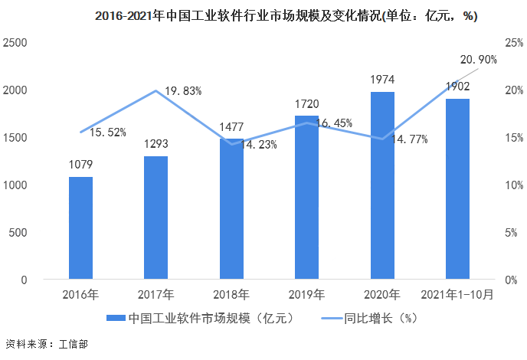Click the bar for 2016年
(80, 227)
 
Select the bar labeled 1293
(155, 218)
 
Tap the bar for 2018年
(231, 208)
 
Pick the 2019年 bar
(306, 197)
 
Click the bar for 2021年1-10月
(457, 188)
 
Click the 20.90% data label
(478, 59)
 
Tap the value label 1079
(80, 164)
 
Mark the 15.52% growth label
(107, 132)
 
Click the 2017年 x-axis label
(155, 294)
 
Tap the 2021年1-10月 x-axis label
(457, 294)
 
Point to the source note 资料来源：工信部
(46, 344)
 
